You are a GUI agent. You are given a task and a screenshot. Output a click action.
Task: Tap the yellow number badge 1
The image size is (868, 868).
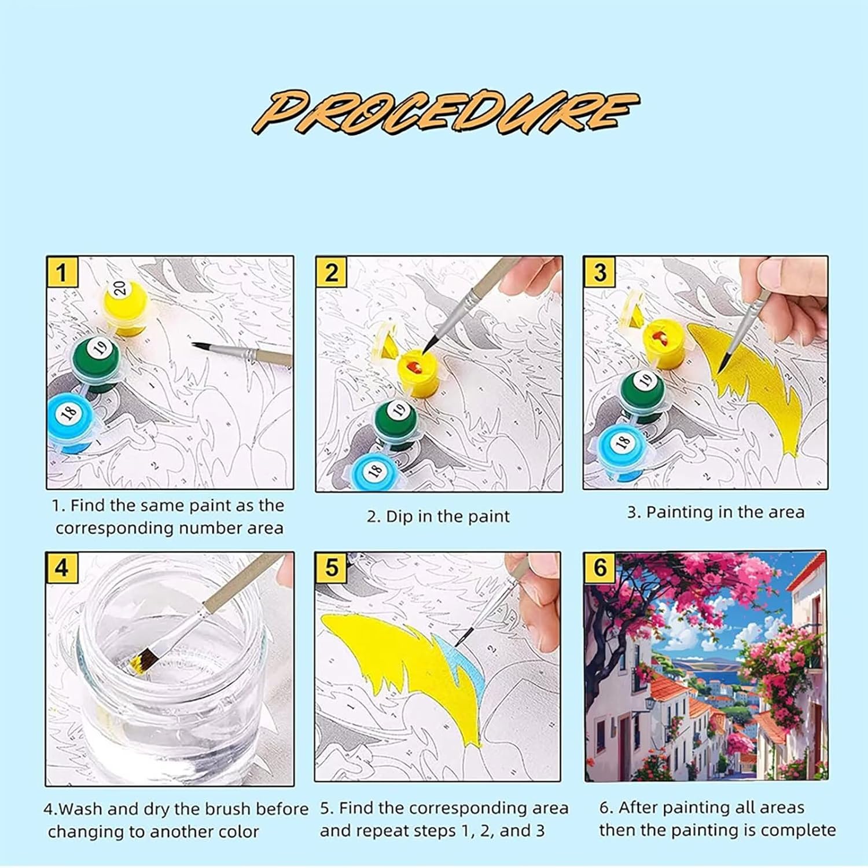coord(61,272)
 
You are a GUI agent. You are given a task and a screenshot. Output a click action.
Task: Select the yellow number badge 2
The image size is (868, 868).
coord(331,272)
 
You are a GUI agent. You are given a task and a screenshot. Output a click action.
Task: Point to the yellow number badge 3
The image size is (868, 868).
coord(599,272)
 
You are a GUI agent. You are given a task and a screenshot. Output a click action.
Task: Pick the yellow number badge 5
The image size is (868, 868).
coord(331,568)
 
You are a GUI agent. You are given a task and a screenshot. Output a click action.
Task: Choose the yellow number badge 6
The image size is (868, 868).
coord(600,568)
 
